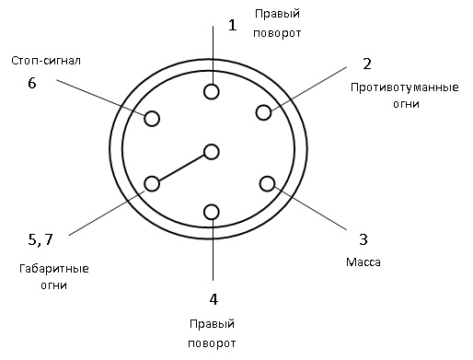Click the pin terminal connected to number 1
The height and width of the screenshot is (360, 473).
[213, 91]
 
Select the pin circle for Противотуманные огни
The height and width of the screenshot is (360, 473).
[264, 112]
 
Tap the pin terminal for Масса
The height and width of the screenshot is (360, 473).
[268, 182]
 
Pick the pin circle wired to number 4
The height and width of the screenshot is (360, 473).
[213, 213]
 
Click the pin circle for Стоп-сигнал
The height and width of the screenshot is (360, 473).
[152, 118]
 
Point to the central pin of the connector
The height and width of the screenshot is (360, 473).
[213, 152]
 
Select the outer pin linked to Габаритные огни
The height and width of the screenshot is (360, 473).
[152, 183]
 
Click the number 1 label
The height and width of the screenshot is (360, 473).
[232, 25]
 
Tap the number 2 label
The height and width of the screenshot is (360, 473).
[366, 64]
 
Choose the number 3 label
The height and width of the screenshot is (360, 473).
[363, 239]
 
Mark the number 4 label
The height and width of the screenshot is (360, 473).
[213, 299]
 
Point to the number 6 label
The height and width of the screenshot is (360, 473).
[32, 83]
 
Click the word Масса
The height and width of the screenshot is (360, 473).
[363, 262]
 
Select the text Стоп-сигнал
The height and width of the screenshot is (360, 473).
[46, 61]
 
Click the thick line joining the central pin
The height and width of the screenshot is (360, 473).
[182, 168]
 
